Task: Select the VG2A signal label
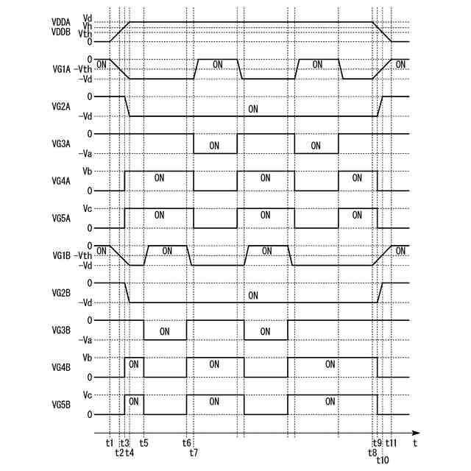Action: (x=63, y=106)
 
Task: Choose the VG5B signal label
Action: (x=63, y=405)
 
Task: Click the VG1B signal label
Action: (x=63, y=255)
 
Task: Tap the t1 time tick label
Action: (x=110, y=443)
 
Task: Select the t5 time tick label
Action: (x=144, y=443)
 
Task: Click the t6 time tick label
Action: (x=187, y=443)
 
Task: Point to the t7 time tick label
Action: (x=194, y=452)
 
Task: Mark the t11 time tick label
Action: (x=392, y=443)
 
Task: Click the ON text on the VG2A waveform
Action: (x=253, y=109)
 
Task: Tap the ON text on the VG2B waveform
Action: (x=253, y=296)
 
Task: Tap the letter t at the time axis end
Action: (x=415, y=444)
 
